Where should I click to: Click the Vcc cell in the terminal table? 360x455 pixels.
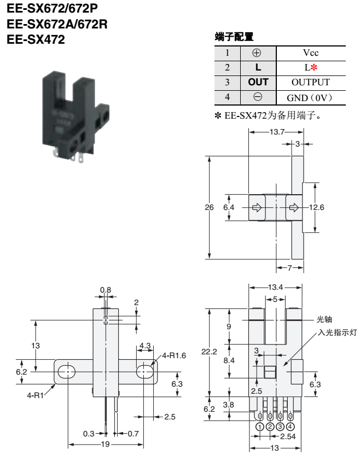[x=311, y=53]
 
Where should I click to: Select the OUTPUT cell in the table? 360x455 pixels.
[x=311, y=82]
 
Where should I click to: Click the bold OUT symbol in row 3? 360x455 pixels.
[x=258, y=82]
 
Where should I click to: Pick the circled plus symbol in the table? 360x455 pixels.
[x=258, y=53]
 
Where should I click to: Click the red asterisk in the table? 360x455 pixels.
[x=314, y=68]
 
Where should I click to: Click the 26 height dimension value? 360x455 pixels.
[x=209, y=207]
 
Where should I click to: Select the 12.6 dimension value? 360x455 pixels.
[x=316, y=207]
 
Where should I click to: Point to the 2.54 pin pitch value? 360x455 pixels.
[x=288, y=436]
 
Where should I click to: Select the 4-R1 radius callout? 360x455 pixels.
[x=37, y=393]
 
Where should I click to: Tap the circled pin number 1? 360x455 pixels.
[x=260, y=427]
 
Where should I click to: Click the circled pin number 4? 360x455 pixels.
[x=290, y=427]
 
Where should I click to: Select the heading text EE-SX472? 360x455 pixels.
[x=36, y=40]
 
